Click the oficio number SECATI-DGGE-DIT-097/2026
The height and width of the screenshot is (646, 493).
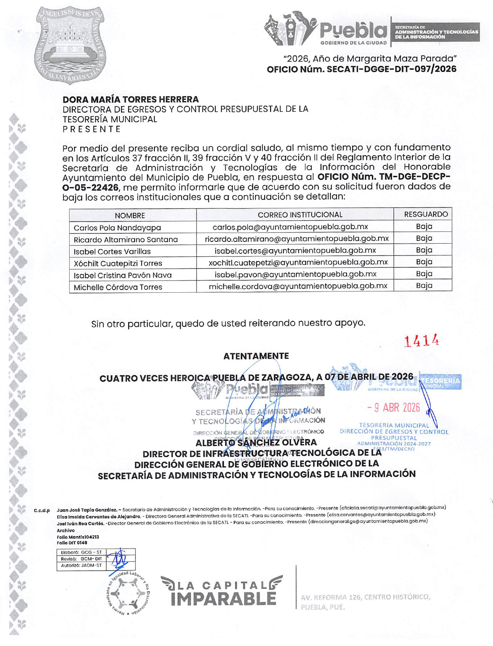pyautogui.click(x=361, y=70)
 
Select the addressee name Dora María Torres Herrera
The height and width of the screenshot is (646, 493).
pyautogui.click(x=131, y=100)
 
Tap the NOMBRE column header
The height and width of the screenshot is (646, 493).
pyautogui.click(x=130, y=215)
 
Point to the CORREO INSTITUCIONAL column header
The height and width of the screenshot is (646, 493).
pyautogui.click(x=300, y=215)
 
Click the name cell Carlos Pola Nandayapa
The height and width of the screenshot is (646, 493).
pyautogui.click(x=117, y=227)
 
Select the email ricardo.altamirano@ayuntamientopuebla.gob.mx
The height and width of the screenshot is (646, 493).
pyautogui.click(x=297, y=238)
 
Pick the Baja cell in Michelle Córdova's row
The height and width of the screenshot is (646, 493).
pyautogui.click(x=424, y=286)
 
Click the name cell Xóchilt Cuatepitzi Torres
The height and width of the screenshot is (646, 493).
pyautogui.click(x=118, y=263)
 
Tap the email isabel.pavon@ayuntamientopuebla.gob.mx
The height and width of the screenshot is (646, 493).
pyautogui.click(x=295, y=274)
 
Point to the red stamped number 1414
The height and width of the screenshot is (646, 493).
pyautogui.click(x=421, y=341)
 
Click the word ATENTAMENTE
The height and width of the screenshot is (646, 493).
pyautogui.click(x=256, y=356)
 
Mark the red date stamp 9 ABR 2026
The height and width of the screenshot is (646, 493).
pyautogui.click(x=394, y=408)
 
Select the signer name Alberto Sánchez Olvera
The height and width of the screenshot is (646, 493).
pyautogui.click(x=256, y=443)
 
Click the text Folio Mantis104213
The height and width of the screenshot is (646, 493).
pyautogui.click(x=78, y=537)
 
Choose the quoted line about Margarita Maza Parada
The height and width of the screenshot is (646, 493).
pyautogui.click(x=370, y=59)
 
